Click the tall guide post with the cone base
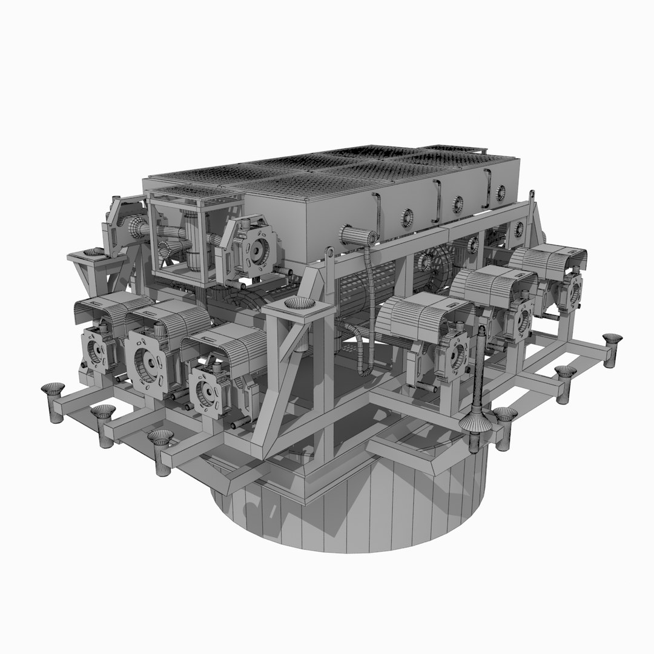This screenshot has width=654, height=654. coord(480,388)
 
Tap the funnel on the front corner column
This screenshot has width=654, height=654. coord(299,304)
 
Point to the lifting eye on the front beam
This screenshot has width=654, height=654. coord(329,253)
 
